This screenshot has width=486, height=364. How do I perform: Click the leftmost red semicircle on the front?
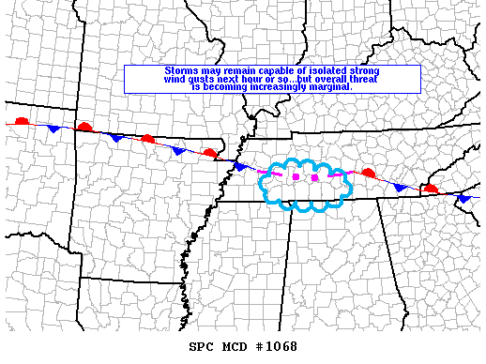click(x=23, y=121)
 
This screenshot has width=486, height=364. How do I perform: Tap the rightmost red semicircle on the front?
click(x=430, y=189)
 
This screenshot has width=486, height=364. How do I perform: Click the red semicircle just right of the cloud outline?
click(x=369, y=173)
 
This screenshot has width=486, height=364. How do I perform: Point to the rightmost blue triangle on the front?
click(x=463, y=198)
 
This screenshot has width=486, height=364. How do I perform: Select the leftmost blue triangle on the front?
click(x=53, y=128)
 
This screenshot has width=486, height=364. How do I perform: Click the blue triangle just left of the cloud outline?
click(x=240, y=166)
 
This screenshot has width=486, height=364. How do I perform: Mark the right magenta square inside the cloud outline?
click(x=315, y=177)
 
